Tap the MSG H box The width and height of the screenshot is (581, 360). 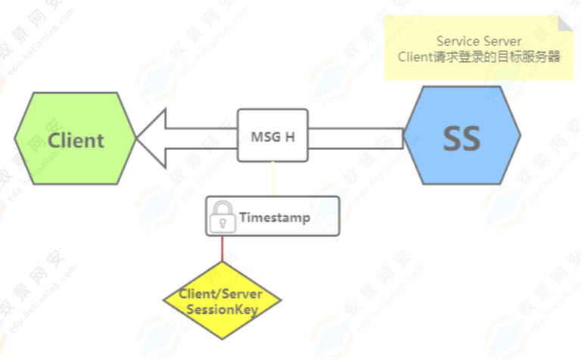point(273,136)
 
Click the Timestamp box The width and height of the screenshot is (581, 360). point(273,216)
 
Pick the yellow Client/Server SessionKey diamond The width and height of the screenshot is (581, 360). point(222,301)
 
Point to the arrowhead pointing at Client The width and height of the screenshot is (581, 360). point(151,138)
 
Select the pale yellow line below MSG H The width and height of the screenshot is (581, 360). point(273,178)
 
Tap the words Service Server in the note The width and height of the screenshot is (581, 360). point(479,41)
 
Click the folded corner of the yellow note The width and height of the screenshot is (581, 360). point(566,23)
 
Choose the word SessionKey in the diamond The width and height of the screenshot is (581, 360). point(222,309)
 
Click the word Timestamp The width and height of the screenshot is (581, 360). point(275,217)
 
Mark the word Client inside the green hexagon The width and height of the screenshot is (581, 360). point(76,140)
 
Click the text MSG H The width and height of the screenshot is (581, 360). point(273,137)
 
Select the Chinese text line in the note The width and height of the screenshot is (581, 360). point(479,57)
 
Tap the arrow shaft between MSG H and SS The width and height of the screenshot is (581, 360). point(356,138)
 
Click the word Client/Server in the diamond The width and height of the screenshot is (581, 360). point(222,294)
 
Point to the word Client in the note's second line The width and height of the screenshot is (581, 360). point(415,57)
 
